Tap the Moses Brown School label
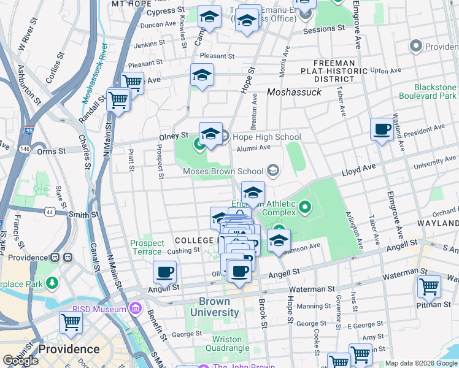pyautogui.click(x=223, y=171)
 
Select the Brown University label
pyautogui.click(x=214, y=307)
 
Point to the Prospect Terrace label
pyautogui.click(x=147, y=247)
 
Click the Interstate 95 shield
pyautogui.click(x=29, y=130)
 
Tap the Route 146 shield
pyautogui.click(x=24, y=148)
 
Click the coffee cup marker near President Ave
pyautogui.click(x=382, y=129)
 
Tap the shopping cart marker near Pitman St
pyautogui.click(x=429, y=287)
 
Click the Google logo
pyautogui.click(x=20, y=361)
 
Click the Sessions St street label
pyautogui.click(x=319, y=29)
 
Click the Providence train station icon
pyautogui.click(x=55, y=258)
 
